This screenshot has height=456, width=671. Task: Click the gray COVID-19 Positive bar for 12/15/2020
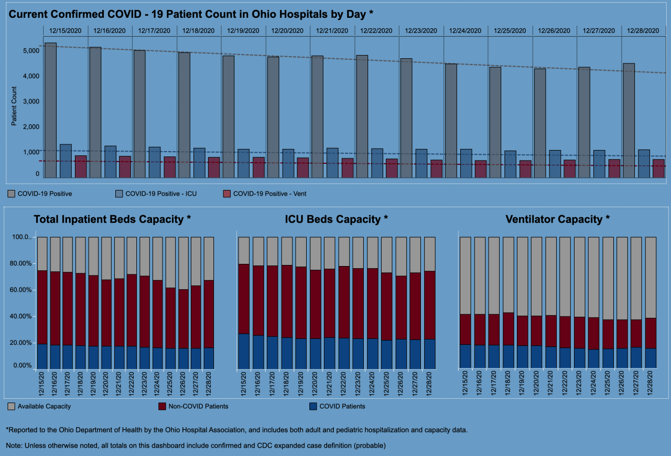point(50,110)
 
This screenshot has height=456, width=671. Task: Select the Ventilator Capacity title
point(558,219)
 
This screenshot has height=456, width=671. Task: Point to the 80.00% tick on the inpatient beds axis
point(22,263)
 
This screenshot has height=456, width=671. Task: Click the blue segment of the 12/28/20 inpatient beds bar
point(209,358)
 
